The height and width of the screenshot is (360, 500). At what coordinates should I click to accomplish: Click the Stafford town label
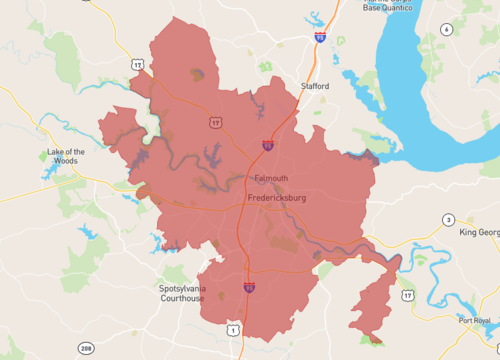[315, 86]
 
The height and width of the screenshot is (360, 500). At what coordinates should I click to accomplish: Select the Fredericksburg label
[275, 199]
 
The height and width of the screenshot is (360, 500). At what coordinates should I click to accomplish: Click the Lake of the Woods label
[66, 155]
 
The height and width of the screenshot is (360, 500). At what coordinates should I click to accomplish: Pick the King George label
[479, 232]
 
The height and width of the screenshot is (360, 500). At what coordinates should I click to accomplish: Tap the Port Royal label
[476, 320]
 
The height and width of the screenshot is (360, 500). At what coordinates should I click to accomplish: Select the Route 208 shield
[87, 348]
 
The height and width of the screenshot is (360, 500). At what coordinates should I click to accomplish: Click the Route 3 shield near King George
[449, 220]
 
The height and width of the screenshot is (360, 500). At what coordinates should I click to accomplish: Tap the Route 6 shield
[445, 29]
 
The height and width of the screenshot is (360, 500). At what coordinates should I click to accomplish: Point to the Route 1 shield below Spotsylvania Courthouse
[233, 329]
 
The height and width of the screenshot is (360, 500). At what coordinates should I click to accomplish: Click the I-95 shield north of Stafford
[319, 37]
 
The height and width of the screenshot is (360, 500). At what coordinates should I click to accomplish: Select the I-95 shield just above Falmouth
[268, 146]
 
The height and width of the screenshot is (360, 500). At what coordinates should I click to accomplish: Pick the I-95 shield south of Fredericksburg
[248, 288]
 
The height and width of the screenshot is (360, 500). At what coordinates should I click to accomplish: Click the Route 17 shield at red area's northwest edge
[136, 64]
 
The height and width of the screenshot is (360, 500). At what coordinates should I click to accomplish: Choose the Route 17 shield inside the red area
[216, 123]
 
